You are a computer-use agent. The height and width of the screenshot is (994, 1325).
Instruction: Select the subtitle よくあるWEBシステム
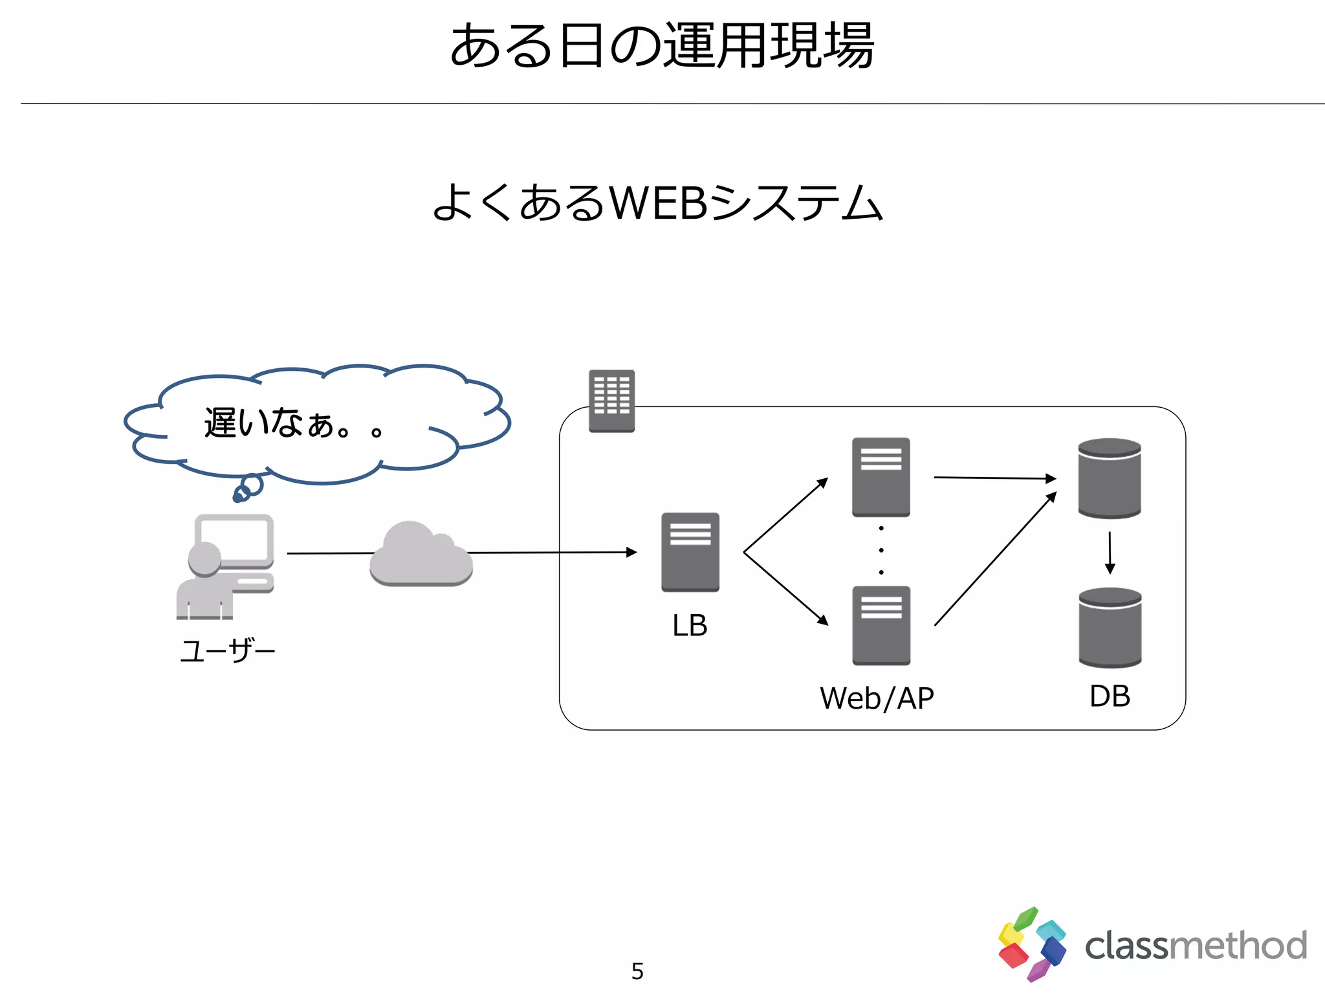click(657, 203)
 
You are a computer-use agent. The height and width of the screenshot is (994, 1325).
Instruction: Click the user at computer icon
click(225, 566)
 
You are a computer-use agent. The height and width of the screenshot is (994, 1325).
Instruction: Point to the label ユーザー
click(228, 650)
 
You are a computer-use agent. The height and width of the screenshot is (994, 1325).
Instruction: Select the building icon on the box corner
click(611, 401)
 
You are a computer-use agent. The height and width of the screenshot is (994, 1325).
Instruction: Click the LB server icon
click(690, 552)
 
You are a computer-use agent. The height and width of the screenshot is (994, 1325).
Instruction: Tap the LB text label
click(690, 626)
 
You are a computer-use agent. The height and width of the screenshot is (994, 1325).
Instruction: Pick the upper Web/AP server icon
click(881, 477)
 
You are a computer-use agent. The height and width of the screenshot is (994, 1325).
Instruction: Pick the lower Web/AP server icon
click(881, 625)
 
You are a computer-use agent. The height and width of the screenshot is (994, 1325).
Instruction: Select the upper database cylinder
click(1109, 478)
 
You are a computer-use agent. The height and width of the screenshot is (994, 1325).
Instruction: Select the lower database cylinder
click(1110, 627)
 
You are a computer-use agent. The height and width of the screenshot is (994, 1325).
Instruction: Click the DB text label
click(1110, 696)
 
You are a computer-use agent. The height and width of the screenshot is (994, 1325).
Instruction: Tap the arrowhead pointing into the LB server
click(632, 552)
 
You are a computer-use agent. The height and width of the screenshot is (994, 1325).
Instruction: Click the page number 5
click(637, 971)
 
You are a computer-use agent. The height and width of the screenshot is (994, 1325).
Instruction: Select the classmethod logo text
click(1196, 946)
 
